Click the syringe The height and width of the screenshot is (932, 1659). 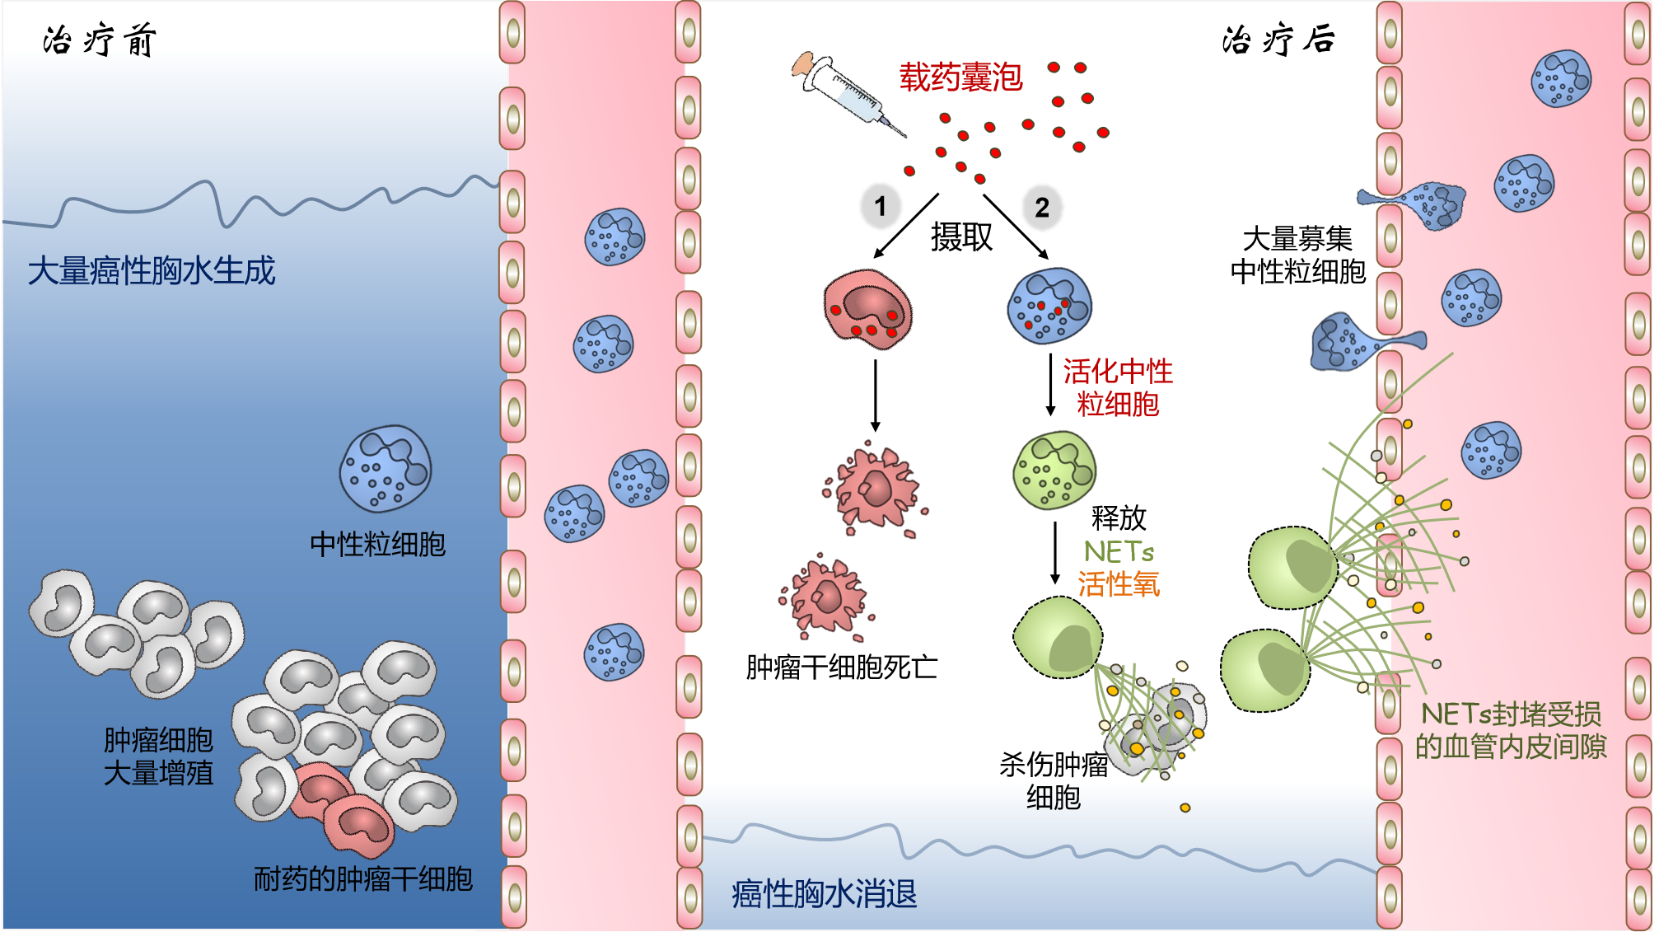(x=848, y=93)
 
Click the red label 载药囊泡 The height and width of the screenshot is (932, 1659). (x=960, y=77)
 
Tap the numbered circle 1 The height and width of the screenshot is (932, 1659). (x=881, y=206)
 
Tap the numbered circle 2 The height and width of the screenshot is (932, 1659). (x=1042, y=207)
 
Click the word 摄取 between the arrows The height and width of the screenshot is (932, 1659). (x=961, y=237)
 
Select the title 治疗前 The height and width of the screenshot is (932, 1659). (x=100, y=40)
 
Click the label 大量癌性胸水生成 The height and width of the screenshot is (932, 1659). (x=152, y=270)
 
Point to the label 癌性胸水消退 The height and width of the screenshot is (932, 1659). (x=824, y=893)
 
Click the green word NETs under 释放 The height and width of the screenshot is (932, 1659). (x=1119, y=551)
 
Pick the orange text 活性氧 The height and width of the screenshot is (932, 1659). (x=1119, y=584)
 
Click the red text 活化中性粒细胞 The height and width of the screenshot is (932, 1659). (x=1118, y=387)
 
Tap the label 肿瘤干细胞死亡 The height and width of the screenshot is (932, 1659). (x=842, y=667)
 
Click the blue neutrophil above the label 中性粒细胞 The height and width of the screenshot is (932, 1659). (x=386, y=469)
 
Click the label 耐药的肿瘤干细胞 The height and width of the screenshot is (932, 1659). (x=363, y=878)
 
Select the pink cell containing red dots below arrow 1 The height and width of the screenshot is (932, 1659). (x=868, y=309)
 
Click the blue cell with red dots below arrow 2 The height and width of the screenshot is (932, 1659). (x=1049, y=306)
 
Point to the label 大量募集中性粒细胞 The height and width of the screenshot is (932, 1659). (x=1298, y=255)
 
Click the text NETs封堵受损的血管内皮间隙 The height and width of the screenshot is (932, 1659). (x=1511, y=729)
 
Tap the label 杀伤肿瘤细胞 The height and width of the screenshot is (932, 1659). (x=1054, y=780)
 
